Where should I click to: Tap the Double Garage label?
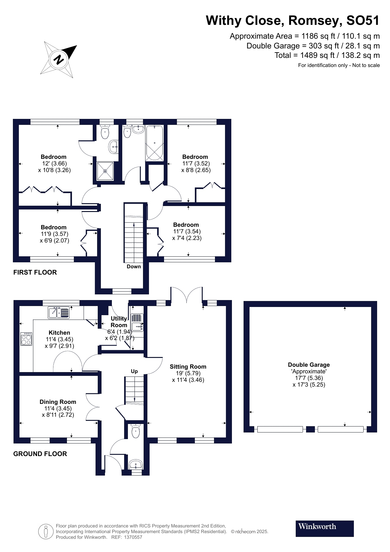[x=309, y=365]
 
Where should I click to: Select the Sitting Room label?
[x=188, y=367]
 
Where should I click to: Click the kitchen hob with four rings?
[x=26, y=339]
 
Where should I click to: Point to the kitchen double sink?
[x=58, y=312]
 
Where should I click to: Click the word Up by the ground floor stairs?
[x=134, y=371]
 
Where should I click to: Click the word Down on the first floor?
[x=134, y=267]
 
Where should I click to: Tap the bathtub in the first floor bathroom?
[x=154, y=143]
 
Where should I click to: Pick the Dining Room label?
[x=58, y=402]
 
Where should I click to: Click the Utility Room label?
[x=119, y=322]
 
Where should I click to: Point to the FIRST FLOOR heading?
[x=35, y=273]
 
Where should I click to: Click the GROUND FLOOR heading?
[x=40, y=454]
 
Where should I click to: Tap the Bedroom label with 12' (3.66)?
[x=53, y=157]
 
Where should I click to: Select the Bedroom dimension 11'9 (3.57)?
[x=54, y=234]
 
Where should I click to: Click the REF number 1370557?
[x=134, y=537]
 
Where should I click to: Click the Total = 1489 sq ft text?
[x=327, y=56]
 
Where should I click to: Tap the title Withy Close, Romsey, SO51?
[x=293, y=21]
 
